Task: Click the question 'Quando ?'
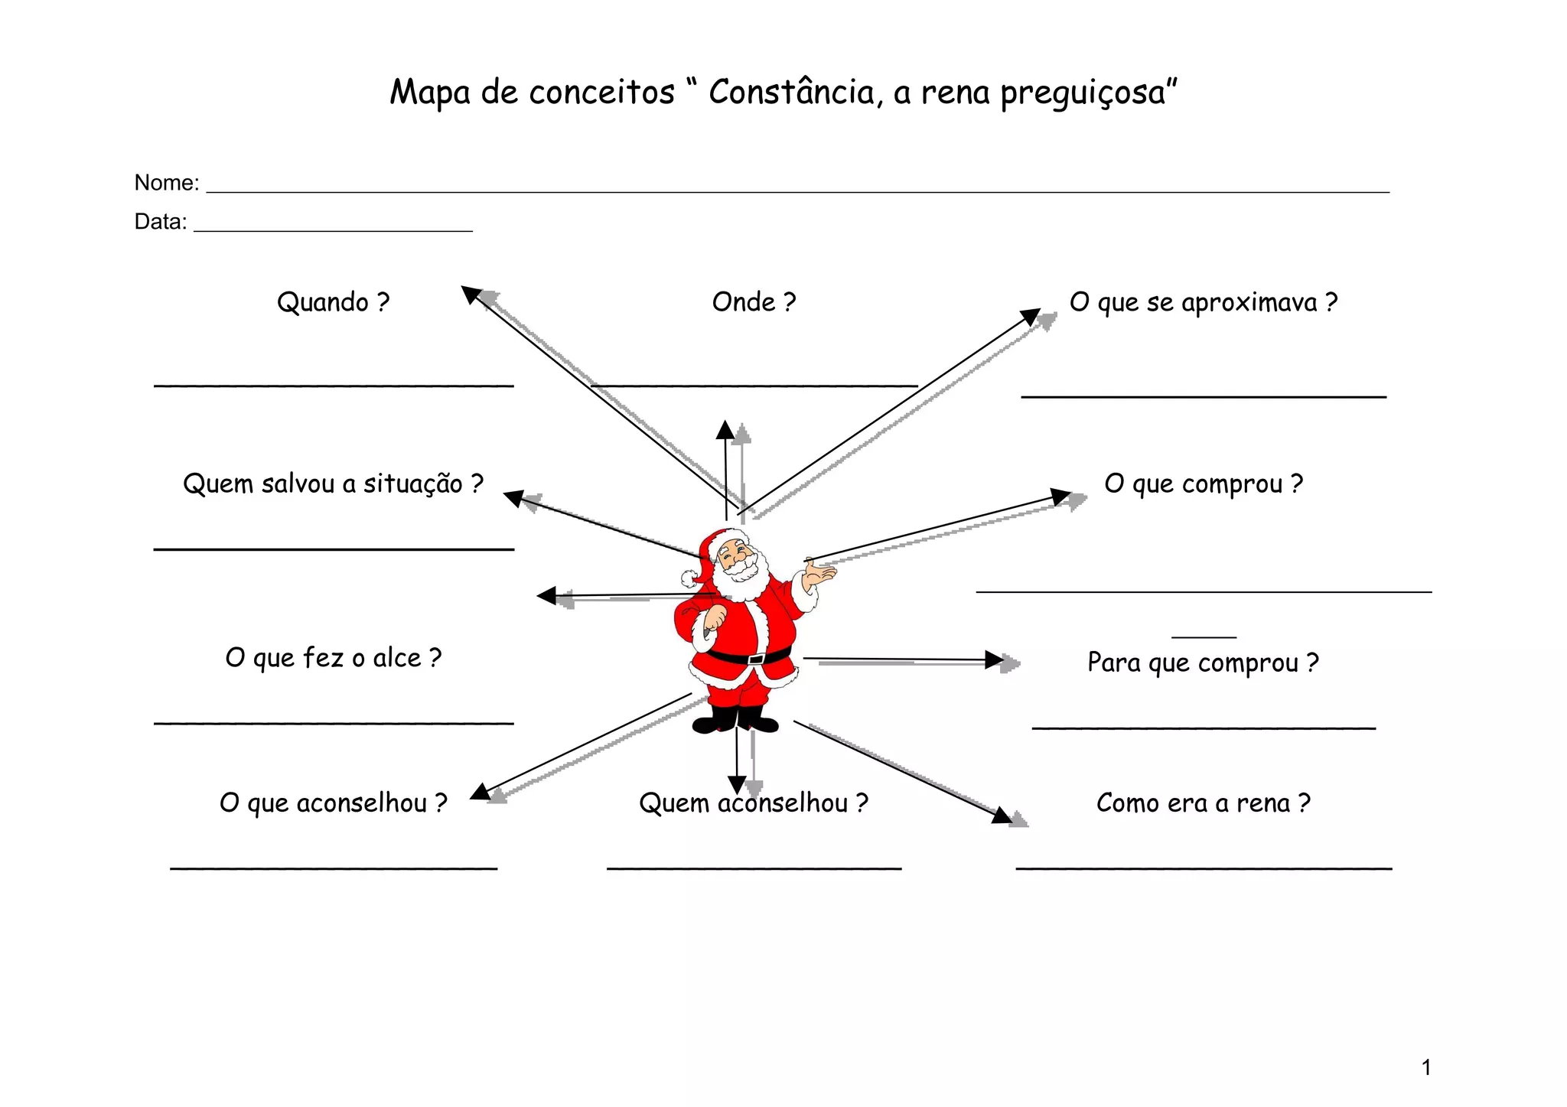click(333, 302)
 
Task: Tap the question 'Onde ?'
click(754, 302)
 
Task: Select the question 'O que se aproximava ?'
click(1204, 303)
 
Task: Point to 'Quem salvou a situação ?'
click(333, 484)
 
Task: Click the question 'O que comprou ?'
click(1203, 484)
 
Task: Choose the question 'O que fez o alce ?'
click(333, 658)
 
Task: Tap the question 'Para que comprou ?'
click(1203, 663)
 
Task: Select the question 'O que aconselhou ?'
click(333, 803)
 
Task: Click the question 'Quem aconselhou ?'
click(754, 803)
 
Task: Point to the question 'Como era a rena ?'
click(1203, 803)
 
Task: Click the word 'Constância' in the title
click(790, 93)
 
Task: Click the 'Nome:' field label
click(166, 183)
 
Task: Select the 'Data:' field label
click(160, 222)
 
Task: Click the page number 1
click(1425, 1067)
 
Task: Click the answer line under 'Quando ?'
click(333, 386)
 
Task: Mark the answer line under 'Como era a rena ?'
click(1203, 868)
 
